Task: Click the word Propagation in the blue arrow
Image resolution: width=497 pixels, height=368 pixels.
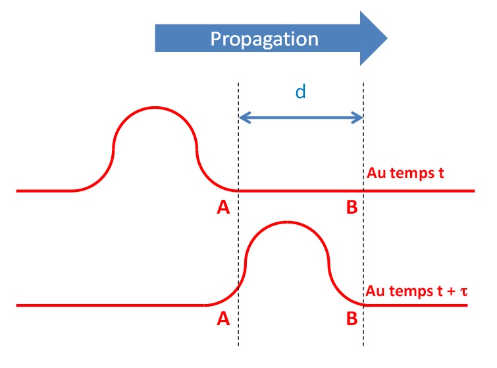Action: (264, 38)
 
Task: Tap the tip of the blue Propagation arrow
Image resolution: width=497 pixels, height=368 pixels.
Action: (387, 38)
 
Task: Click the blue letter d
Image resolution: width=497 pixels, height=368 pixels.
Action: (300, 92)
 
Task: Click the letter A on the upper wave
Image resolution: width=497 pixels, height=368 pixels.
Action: (223, 208)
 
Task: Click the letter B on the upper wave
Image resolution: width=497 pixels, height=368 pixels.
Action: (352, 208)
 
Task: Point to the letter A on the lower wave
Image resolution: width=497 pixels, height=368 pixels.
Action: (223, 321)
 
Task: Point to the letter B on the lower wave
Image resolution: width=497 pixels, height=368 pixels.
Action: (352, 321)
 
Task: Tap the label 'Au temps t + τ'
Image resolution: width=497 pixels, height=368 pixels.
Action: (415, 291)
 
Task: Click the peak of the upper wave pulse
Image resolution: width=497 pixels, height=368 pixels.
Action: (155, 107)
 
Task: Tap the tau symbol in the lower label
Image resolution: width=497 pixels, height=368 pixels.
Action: (464, 291)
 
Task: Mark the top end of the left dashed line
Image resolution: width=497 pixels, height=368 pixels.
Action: (238, 82)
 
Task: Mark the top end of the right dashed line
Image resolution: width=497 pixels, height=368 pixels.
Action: (363, 82)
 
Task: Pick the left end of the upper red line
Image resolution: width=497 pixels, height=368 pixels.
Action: (18, 191)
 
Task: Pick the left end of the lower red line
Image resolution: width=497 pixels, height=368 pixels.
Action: (18, 305)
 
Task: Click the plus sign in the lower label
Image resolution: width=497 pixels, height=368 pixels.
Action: (450, 291)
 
